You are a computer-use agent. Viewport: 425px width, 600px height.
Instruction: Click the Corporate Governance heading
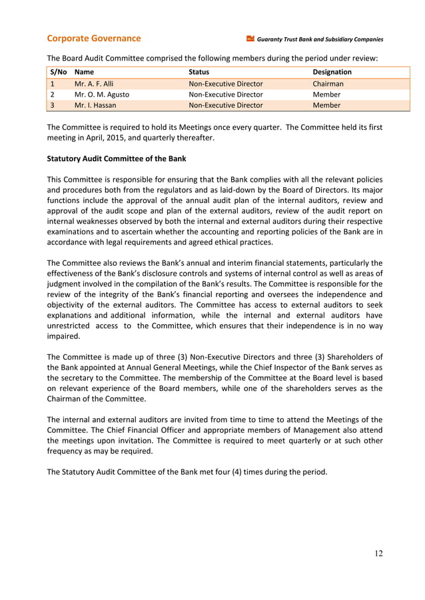pos(93,39)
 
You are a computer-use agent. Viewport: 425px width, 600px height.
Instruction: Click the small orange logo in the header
pos(250,39)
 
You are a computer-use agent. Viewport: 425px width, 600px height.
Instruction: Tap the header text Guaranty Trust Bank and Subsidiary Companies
pos(320,39)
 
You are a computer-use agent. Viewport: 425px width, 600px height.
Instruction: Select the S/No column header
pos(57,72)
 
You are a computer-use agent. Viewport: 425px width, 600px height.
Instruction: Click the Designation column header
pos(332,72)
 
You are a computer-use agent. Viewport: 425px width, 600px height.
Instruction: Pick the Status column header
pos(199,72)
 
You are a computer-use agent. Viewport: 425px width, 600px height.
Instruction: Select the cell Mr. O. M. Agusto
pos(102,95)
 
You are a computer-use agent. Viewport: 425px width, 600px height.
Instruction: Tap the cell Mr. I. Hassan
pos(96,105)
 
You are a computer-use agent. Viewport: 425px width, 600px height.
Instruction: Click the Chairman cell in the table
pos(328,84)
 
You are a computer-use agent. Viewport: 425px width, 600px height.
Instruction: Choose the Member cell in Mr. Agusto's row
pos(326,95)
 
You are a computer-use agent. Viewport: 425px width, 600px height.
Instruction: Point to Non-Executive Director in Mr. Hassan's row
pos(226,105)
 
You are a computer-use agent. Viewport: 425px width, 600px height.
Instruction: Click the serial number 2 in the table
pos(51,95)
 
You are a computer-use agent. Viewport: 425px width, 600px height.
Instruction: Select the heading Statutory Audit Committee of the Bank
pos(117,159)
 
